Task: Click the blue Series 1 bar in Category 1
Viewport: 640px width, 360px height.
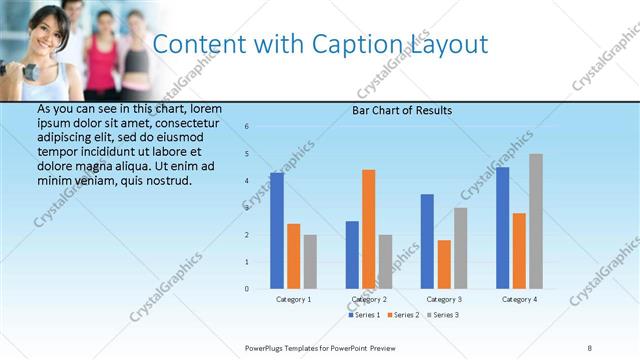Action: pos(277,231)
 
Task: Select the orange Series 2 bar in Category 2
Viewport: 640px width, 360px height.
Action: pos(369,229)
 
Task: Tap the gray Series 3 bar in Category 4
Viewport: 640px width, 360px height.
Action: pos(536,221)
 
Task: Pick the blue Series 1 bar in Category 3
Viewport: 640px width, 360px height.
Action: pos(428,241)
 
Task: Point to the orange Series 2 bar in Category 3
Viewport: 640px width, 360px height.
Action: pos(444,264)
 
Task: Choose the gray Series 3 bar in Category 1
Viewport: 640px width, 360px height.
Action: pos(310,262)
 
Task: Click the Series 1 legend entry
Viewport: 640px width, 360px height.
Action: pos(364,315)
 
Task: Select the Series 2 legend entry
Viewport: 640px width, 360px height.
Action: pos(402,315)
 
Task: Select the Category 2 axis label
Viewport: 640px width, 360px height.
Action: pos(369,299)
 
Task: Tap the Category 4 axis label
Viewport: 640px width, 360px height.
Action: pos(519,299)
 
